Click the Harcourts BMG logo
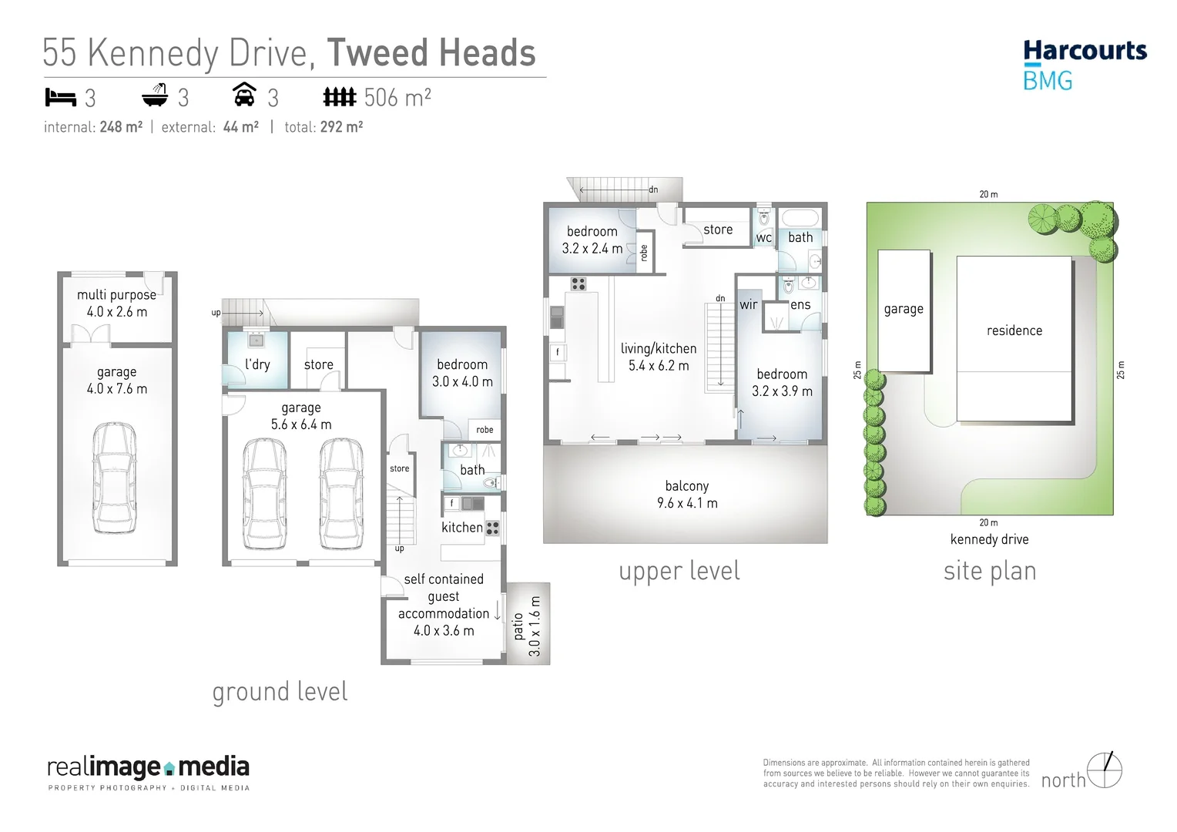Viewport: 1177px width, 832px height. pos(1085,65)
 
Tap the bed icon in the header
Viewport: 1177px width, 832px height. pos(60,98)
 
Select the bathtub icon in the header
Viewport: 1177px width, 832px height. pos(155,96)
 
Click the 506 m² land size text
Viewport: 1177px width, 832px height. pos(397,98)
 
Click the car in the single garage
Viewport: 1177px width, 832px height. pos(114,478)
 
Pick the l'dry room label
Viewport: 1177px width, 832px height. pos(257,364)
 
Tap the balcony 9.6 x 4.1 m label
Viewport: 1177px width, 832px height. pos(687,495)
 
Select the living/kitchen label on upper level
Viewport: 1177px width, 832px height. pos(659,357)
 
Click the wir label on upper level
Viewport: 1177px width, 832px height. pos(748,304)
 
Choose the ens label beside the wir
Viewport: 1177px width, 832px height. pos(800,304)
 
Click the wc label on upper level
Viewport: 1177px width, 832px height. pos(763,238)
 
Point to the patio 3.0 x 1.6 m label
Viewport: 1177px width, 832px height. pos(527,626)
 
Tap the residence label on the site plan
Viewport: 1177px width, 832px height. pos(1014,330)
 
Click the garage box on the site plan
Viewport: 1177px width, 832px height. pos(904,310)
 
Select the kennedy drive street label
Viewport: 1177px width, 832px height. pos(989,539)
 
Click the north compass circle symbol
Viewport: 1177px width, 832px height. pos(1105,770)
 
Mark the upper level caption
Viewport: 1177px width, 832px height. pos(679,571)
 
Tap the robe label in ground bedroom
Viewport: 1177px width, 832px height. pos(485,430)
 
